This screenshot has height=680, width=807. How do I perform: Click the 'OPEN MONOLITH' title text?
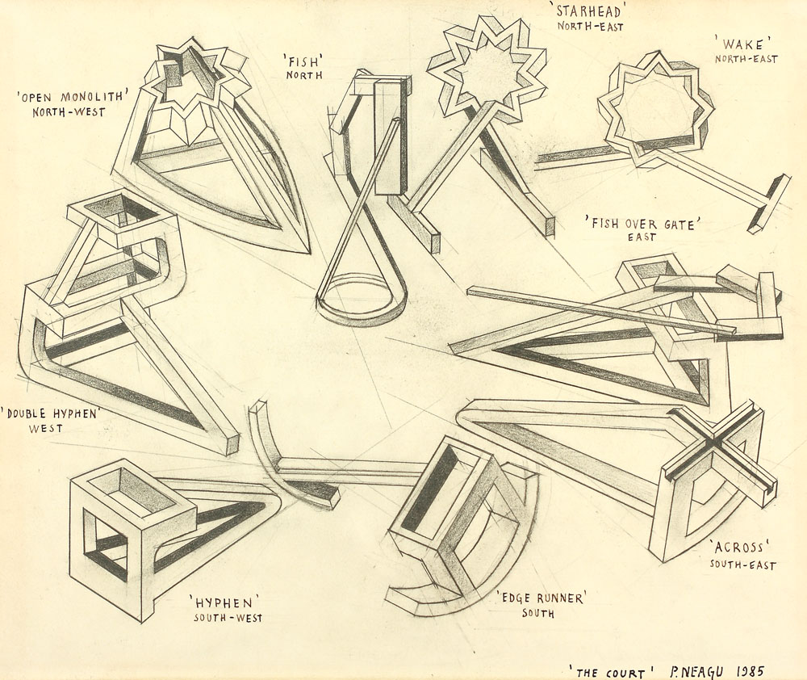72,96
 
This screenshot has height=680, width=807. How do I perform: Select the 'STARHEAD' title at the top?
591,10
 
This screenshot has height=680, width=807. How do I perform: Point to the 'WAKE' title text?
745,42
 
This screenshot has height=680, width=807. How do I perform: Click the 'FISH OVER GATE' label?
644,223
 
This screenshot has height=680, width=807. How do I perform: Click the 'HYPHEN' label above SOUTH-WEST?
224,602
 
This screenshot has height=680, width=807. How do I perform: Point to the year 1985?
750,671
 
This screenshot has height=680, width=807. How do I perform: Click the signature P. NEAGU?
696,671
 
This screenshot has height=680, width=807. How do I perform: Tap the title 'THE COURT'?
611,672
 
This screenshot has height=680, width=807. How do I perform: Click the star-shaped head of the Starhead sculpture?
487,71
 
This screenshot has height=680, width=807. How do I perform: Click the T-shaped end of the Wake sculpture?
768,203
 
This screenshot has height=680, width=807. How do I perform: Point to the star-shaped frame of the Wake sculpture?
654,107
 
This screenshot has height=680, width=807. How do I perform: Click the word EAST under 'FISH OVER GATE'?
642,237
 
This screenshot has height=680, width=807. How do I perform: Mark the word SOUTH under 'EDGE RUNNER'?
537,614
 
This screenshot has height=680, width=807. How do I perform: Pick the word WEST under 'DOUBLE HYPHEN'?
46,428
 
